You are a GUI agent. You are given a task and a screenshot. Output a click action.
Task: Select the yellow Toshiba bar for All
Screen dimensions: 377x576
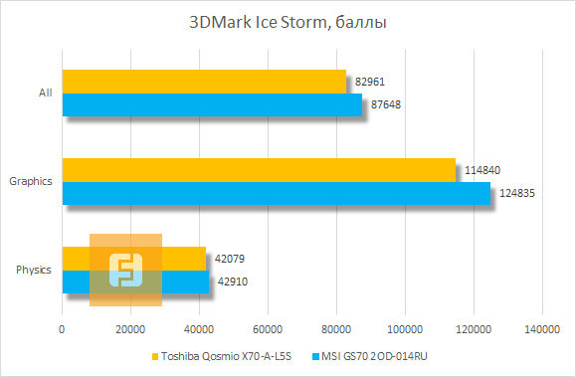pos(204,82)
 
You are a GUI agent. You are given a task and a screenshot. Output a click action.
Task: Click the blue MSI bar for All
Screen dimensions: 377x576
pos(212,104)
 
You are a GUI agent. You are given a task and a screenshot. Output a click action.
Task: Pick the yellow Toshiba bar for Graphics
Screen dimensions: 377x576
pos(259,170)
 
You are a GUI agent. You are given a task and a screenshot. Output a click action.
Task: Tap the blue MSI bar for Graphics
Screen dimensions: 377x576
pos(277,193)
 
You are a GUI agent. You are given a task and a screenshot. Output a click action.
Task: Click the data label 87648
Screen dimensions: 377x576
pos(383,103)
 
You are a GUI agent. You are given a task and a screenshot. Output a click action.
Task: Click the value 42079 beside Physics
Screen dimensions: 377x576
pos(228,259)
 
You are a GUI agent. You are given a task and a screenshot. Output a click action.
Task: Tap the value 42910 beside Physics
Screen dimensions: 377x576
pos(231,282)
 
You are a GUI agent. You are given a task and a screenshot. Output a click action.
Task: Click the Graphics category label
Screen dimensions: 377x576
pos(31,181)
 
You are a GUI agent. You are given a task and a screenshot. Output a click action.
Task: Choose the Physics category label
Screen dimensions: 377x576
pos(35,270)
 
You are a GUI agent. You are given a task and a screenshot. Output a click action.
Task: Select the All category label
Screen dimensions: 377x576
pos(45,94)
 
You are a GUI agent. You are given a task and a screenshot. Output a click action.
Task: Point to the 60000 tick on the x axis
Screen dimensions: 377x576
pos(268,329)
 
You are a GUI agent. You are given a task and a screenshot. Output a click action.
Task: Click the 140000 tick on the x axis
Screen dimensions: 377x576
pos(541,329)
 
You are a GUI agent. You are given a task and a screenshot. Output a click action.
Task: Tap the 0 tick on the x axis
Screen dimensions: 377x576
pos(63,329)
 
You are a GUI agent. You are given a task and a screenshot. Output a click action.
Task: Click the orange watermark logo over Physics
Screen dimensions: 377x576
pos(126,270)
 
